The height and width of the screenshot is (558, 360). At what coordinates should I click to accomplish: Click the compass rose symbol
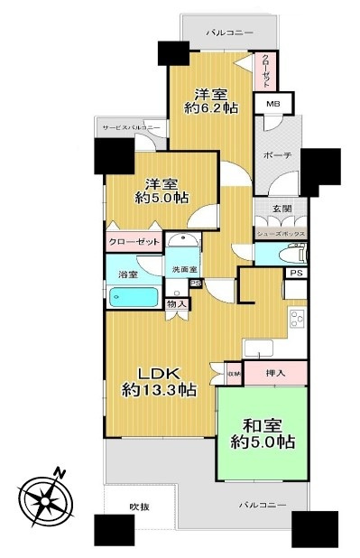point(44,496)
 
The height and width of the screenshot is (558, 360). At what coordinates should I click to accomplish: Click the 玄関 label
point(281,209)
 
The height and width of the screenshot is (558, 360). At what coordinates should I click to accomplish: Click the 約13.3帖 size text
point(160,391)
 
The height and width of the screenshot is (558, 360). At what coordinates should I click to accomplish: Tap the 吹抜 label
point(138,506)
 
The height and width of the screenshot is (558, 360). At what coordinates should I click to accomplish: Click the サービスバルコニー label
point(132,127)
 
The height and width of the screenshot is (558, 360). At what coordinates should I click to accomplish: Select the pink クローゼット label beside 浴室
point(134,243)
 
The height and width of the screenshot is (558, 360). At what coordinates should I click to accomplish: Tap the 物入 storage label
point(178,304)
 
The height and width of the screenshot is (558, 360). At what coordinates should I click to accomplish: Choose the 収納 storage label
point(233,371)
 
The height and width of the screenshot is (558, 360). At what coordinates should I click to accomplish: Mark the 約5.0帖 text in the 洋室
point(162,197)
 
